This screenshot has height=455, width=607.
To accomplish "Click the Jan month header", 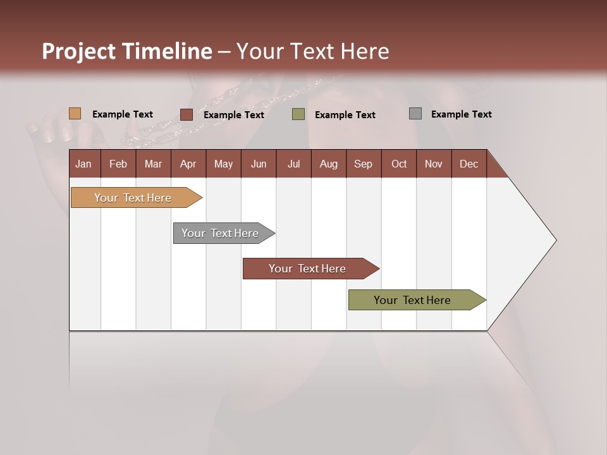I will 83,164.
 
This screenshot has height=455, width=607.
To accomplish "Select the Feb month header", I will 118,164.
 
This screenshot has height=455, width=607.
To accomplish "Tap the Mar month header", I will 153,164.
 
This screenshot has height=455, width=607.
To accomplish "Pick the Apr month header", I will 188,164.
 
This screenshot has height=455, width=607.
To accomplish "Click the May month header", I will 223,164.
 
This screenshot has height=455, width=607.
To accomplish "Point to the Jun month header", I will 259,164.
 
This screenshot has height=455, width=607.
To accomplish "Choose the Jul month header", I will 293,164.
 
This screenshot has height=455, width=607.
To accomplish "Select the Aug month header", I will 328,164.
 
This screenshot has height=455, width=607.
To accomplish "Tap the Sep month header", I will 363,164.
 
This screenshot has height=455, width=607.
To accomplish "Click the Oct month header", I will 399,164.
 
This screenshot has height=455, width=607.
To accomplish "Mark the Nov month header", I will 434,164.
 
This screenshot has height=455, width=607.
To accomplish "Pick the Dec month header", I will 469,164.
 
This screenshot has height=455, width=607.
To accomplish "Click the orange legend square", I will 75,114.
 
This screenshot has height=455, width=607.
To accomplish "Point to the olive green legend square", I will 298,114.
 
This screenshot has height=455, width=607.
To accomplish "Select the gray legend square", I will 415,114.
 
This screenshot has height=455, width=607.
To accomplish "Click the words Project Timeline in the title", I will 127,51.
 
